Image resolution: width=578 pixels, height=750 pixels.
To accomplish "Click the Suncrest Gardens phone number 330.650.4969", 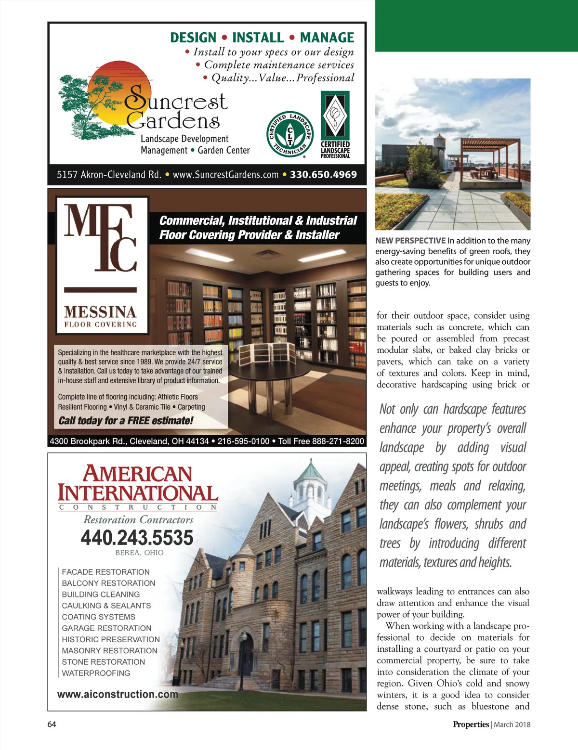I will (x=323, y=175).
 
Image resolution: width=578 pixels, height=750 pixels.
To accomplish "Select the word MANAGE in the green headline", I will (x=327, y=38).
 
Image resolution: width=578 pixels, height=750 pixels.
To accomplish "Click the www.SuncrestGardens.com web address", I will (x=225, y=175).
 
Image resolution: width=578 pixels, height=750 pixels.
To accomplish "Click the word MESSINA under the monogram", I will (x=100, y=311).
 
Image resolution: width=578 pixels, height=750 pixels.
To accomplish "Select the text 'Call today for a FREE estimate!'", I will (x=126, y=421).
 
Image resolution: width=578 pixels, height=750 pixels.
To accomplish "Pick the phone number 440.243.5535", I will (x=137, y=538).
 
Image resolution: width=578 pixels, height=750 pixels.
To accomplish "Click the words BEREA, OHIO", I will (x=139, y=553).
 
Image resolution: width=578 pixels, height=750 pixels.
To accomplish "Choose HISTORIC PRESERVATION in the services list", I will (x=111, y=639).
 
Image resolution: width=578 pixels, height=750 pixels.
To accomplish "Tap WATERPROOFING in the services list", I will (x=96, y=673).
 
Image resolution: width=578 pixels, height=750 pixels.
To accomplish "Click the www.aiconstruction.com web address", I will (x=118, y=694).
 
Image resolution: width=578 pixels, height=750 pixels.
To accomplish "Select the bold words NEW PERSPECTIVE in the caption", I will (x=410, y=241).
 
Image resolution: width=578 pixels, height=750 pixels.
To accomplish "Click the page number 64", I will (x=52, y=724).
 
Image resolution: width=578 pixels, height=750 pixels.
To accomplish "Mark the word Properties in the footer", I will (x=471, y=724).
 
